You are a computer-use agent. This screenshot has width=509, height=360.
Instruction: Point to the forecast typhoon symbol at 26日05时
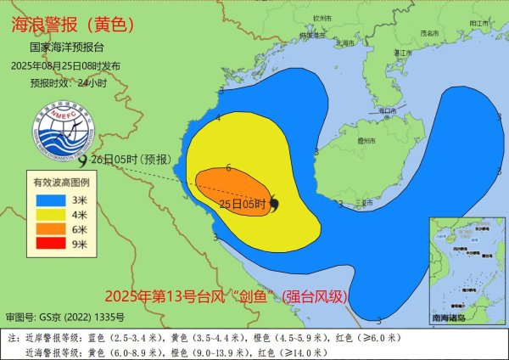pos(82,159)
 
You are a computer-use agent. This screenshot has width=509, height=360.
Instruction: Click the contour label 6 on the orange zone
pos(229,169)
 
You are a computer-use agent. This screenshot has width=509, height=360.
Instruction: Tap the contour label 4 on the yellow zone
pos(218,118)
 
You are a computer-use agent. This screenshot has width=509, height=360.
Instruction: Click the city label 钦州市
pos(321,17)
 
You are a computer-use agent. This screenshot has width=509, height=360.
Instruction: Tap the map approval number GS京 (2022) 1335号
pos(65,318)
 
